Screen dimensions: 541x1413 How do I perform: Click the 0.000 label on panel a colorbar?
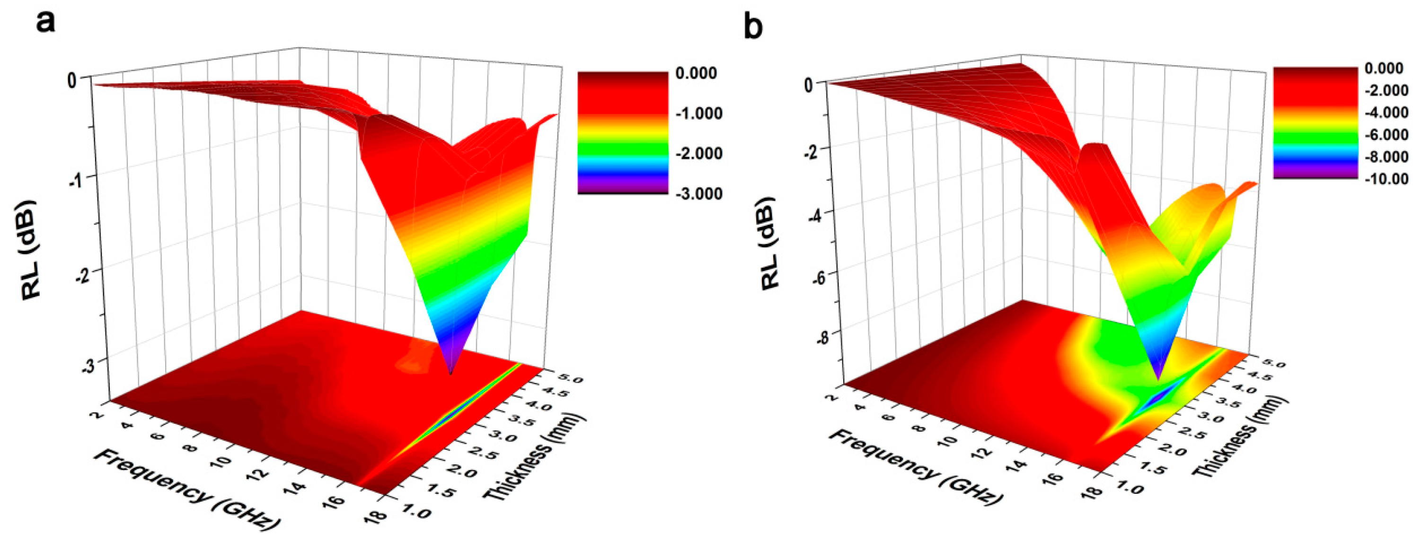coord(696,73)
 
